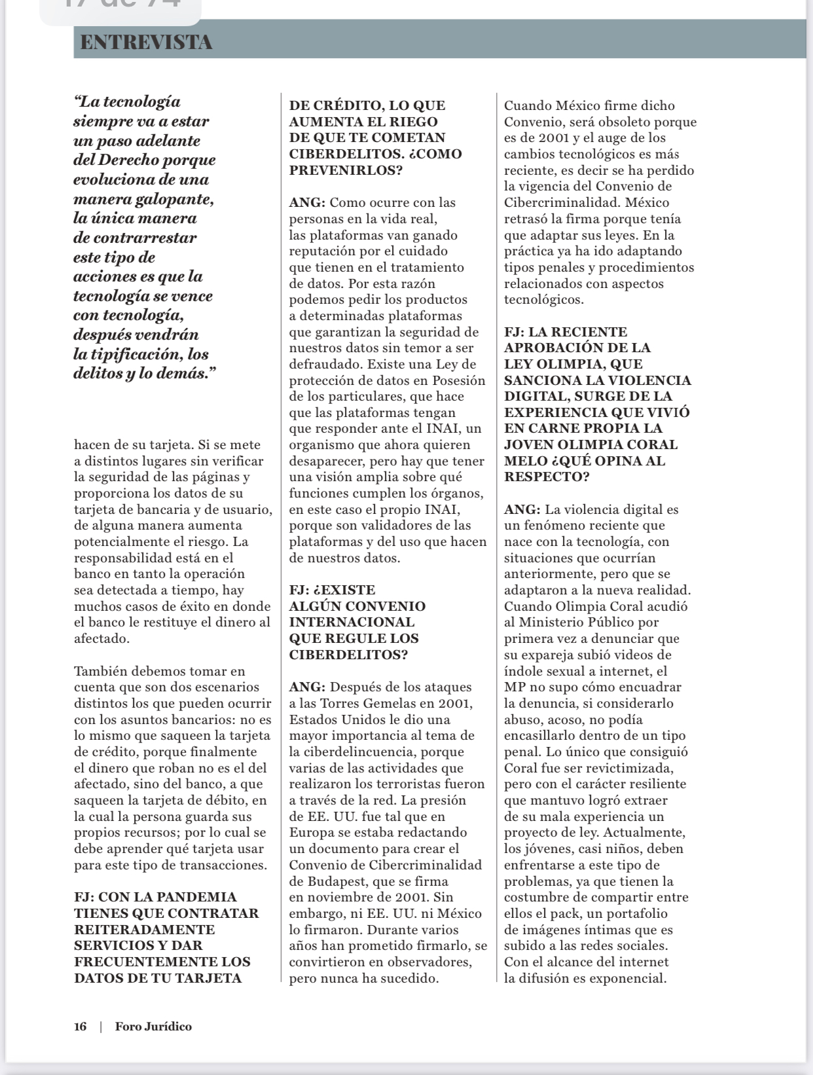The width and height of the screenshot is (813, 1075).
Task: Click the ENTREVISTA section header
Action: coord(146,43)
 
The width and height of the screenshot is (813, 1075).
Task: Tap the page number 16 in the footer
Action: coord(80,1027)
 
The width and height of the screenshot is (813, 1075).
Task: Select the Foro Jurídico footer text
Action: coord(153,1027)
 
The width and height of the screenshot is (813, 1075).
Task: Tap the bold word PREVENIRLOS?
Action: coord(346,170)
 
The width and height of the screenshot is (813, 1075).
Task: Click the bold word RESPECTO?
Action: coord(547,477)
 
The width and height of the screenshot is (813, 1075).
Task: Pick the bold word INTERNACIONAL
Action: coord(352,623)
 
